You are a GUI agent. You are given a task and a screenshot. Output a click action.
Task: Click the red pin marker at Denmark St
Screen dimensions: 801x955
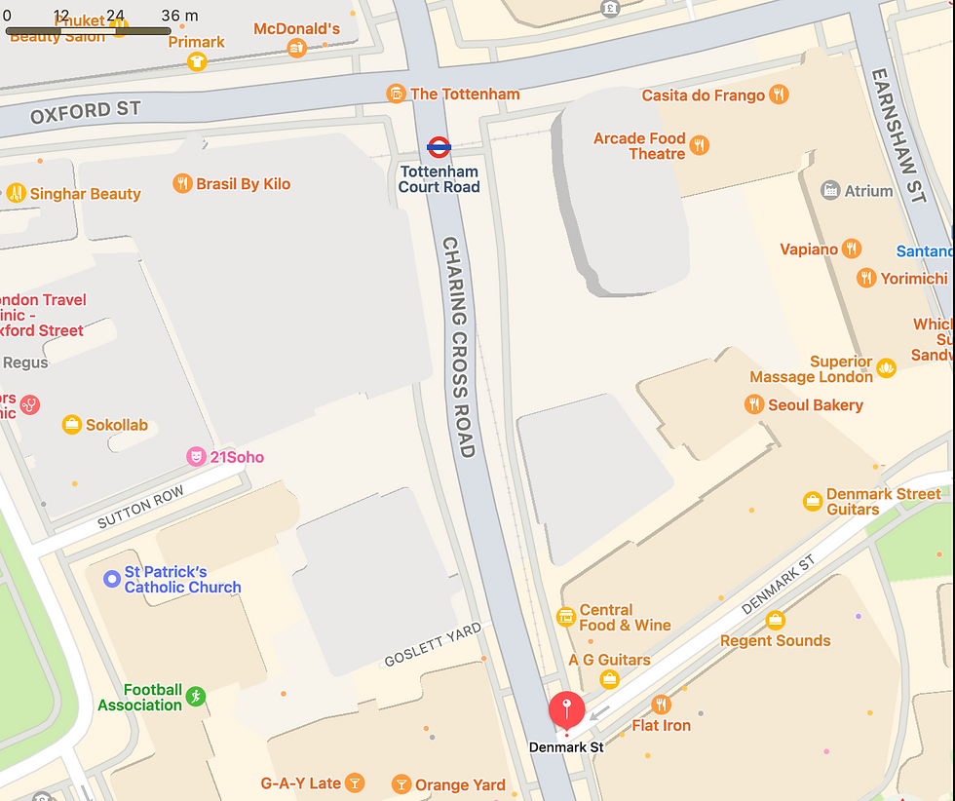[566, 709]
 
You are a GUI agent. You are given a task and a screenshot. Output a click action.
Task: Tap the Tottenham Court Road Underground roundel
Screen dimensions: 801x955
[439, 148]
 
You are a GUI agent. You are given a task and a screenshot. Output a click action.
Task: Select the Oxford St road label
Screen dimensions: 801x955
[86, 112]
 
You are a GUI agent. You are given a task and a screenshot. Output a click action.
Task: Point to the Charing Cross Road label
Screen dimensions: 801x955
[458, 346]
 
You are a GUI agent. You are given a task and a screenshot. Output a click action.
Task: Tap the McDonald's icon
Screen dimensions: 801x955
[296, 48]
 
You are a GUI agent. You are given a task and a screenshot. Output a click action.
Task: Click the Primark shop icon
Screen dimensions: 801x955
[197, 61]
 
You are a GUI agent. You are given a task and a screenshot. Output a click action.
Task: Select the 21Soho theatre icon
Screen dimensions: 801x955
[196, 457]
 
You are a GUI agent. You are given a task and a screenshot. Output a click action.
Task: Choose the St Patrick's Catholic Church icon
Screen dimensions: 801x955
[112, 580]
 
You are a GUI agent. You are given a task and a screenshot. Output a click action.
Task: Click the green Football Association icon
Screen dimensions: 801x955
[197, 696]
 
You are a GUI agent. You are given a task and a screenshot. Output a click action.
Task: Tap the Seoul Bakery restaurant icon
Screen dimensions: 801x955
[753, 404]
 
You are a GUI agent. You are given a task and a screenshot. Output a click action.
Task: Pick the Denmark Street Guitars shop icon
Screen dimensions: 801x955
[812, 501]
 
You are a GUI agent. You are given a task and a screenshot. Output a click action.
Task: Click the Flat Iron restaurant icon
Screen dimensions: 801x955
[662, 705]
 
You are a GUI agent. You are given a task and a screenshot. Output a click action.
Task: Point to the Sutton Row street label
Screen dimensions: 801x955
[140, 509]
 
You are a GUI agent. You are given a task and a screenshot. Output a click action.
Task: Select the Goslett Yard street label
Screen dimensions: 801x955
[433, 644]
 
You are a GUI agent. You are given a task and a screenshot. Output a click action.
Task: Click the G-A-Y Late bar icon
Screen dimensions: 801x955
[356, 782]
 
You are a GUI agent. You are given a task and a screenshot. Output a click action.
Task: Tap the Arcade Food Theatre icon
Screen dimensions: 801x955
[699, 146]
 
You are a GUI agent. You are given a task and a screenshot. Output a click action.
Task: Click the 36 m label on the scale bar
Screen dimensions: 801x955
[179, 16]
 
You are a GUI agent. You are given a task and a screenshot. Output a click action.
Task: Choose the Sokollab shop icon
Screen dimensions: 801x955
[71, 425]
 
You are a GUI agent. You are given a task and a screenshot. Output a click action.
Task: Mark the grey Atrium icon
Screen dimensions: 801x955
[830, 191]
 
